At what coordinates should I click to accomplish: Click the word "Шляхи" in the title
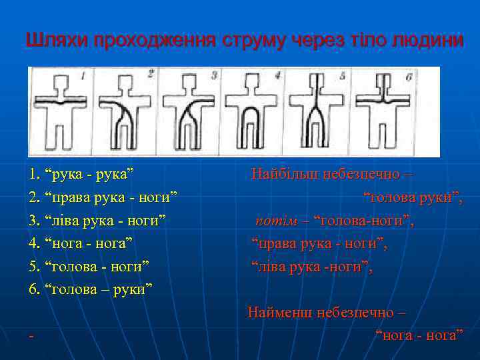click(58, 40)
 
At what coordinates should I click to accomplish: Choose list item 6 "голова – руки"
click(91, 289)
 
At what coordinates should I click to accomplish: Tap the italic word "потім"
click(271, 221)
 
